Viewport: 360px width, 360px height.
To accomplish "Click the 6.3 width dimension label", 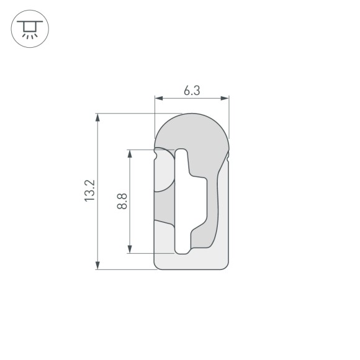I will [x=191, y=90].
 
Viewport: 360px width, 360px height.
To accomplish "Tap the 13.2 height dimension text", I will [x=89, y=191].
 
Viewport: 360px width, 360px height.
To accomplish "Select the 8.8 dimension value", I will [x=122, y=201].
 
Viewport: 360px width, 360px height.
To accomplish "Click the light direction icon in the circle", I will [x=29, y=29].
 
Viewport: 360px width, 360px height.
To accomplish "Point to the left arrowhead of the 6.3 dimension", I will [x=157, y=98].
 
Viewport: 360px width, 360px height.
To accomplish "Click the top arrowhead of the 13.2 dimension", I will [x=98, y=117].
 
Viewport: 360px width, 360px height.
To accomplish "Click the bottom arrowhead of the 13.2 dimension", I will [x=98, y=266].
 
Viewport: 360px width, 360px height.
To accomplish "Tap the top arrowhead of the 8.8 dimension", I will [x=130, y=153].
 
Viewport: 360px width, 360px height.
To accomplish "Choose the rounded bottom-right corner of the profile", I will [x=225, y=266].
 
